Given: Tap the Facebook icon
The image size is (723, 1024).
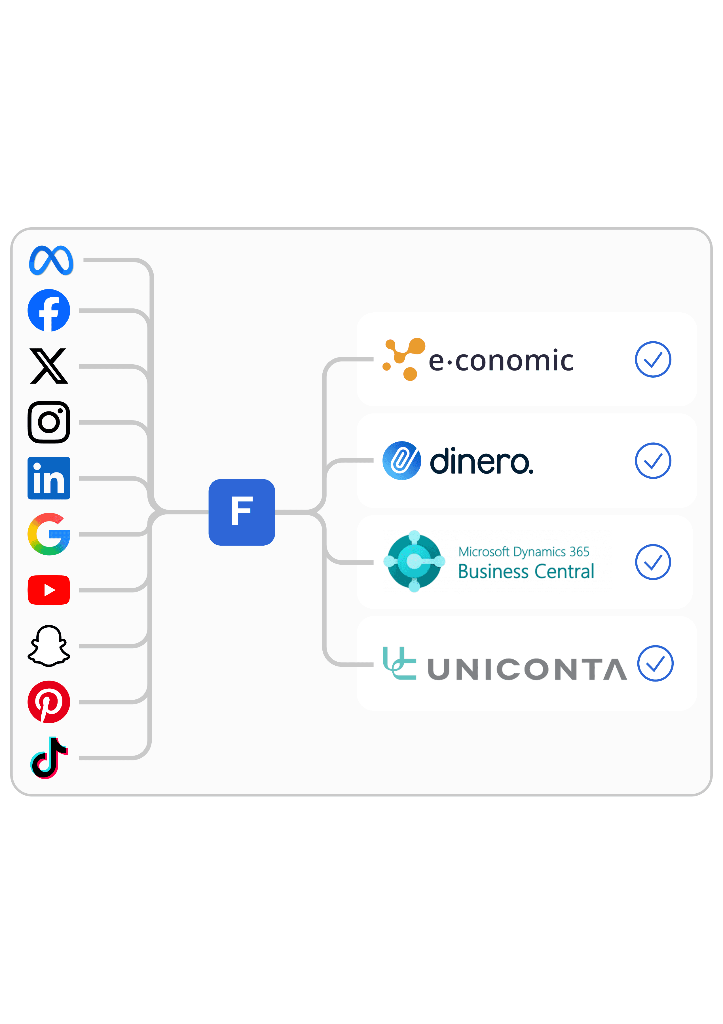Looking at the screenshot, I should (x=49, y=310).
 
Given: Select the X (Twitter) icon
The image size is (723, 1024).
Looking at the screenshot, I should (x=49, y=366).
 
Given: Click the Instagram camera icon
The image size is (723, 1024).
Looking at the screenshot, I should (x=49, y=422).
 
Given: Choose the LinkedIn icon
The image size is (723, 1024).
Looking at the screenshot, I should (x=49, y=478).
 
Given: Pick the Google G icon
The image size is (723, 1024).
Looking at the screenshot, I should (x=49, y=534).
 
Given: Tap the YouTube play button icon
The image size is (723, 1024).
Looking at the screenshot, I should (x=49, y=590).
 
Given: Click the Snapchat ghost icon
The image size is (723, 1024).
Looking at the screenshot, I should (x=49, y=646).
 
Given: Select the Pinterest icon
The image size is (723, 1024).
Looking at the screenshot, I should (x=49, y=702).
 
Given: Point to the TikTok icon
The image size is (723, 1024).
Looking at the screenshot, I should (x=49, y=758).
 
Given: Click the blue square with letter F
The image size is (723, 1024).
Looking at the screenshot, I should (x=242, y=512).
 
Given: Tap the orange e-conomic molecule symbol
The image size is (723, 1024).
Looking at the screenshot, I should (x=404, y=359).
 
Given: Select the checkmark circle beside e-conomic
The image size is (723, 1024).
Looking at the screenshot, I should (x=653, y=359).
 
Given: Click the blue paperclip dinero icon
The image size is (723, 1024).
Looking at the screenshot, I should (x=401, y=461).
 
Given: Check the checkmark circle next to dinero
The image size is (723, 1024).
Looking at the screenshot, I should (x=653, y=461).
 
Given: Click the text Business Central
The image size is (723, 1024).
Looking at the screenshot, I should (x=526, y=571).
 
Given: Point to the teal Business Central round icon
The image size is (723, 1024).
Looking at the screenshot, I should (x=414, y=561).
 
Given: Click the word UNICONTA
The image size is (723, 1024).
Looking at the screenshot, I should (x=527, y=669).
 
